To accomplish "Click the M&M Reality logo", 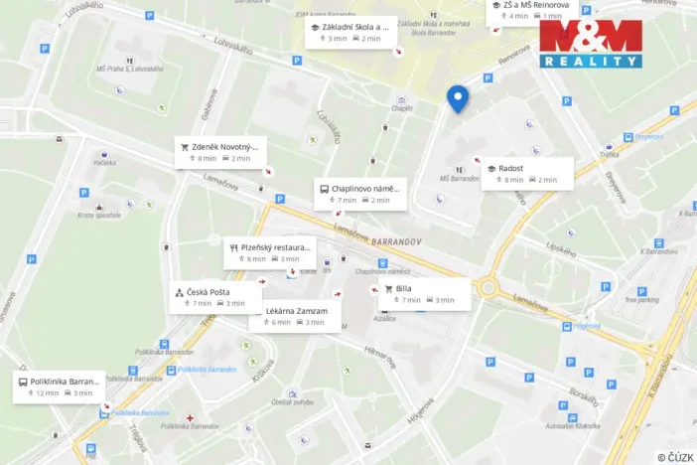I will [x=591, y=44].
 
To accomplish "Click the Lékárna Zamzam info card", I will [x=295, y=316].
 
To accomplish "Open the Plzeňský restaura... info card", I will [x=269, y=252].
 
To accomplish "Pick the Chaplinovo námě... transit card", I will [x=360, y=194].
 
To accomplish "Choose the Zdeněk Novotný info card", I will [x=219, y=152].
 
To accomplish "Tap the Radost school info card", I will [x=527, y=174].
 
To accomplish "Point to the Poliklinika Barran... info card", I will [x=59, y=387].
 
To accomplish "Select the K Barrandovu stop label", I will [x=656, y=250].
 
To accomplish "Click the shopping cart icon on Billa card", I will [x=388, y=289].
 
